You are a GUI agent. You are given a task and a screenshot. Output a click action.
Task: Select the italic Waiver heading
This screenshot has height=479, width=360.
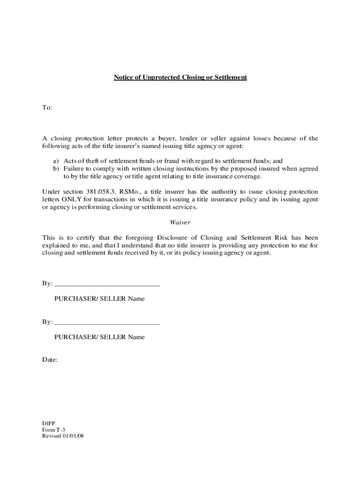[x=180, y=223]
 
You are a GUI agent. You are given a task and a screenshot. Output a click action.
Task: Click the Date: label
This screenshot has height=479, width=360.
[x=50, y=360]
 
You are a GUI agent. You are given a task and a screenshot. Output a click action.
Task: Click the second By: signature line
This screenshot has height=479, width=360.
[x=107, y=322]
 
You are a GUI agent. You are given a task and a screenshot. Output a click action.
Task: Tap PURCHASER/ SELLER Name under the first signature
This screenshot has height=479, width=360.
[x=99, y=298]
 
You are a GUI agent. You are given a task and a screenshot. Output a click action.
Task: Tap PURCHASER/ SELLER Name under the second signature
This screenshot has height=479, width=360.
[x=99, y=337]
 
